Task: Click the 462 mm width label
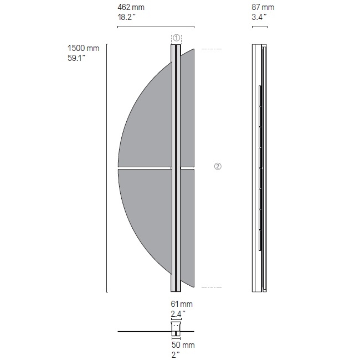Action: (x=131, y=7)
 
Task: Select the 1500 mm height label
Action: (x=83, y=48)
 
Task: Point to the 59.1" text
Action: (x=76, y=58)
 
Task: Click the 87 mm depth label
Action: (x=263, y=7)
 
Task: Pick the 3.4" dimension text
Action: (x=259, y=17)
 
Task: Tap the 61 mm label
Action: (x=182, y=304)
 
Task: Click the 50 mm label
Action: (x=183, y=345)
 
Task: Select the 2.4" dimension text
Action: (x=178, y=313)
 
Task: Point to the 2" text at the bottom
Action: (x=176, y=354)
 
